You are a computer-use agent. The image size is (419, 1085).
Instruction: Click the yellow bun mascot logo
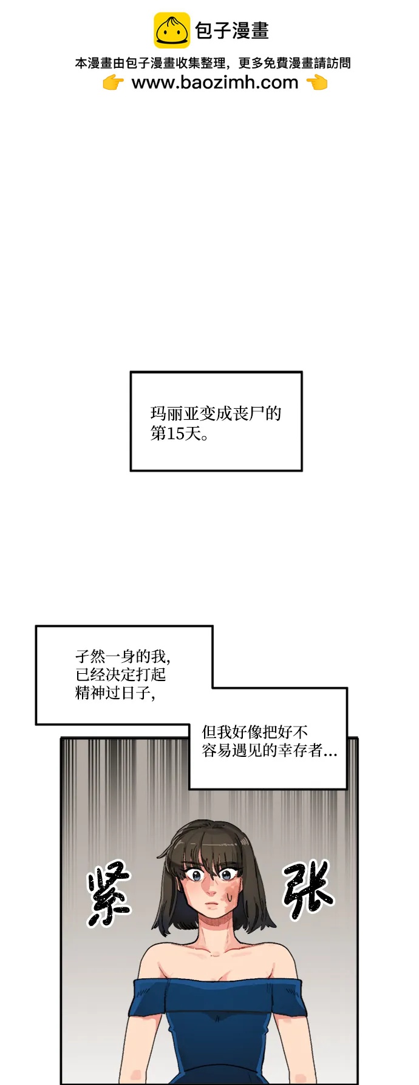tap(171, 30)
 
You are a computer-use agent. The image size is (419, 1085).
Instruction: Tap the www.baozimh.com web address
tap(215, 82)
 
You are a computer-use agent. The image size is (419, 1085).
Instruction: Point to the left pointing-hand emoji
tap(113, 82)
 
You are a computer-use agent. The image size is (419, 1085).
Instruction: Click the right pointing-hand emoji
tap(317, 82)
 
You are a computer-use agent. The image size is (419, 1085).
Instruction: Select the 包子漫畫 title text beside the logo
tap(231, 31)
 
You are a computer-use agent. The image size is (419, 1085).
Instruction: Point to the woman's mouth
tap(211, 905)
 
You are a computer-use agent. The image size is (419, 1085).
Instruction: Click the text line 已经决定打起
tap(121, 674)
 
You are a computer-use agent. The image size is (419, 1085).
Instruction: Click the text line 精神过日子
tap(114, 693)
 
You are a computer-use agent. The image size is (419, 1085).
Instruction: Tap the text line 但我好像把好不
tap(255, 732)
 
